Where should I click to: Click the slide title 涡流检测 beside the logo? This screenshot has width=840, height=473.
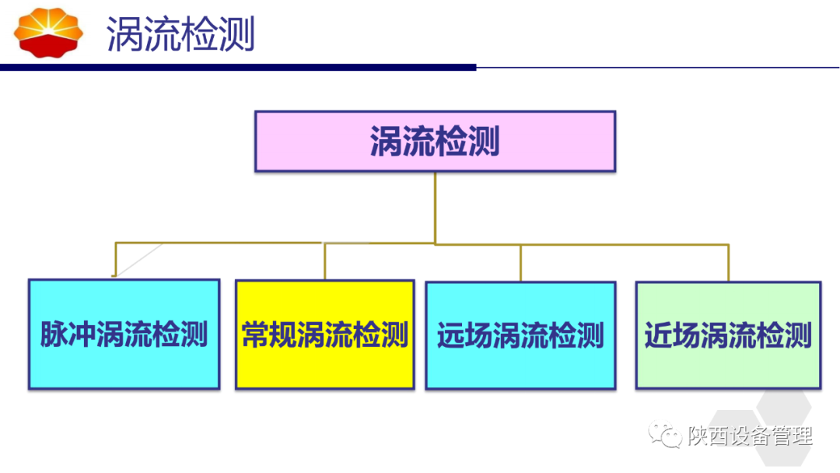pos(180,36)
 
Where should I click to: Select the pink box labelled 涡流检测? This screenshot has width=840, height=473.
pos(435,142)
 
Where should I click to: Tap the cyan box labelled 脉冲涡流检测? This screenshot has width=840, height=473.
pos(124,335)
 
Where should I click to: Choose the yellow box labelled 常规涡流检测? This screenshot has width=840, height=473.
pos(324,335)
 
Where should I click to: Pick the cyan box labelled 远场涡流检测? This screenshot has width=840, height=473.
pos(520,335)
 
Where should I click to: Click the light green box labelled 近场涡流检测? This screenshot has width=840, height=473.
pos(728,335)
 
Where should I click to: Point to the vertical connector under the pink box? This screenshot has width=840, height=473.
pos(435,206)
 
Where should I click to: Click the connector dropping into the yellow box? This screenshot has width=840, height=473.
pos(325,261)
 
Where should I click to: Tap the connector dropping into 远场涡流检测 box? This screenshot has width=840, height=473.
pos(520,262)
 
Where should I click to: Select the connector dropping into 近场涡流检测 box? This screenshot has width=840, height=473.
pos(729,262)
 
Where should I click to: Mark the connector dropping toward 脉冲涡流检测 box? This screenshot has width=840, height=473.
pos(115,259)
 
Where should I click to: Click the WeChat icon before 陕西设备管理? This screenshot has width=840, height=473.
pos(667,435)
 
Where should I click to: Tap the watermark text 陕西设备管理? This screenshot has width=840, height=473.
pos(750,435)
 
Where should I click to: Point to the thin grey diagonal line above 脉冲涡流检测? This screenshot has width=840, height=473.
pos(140,259)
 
